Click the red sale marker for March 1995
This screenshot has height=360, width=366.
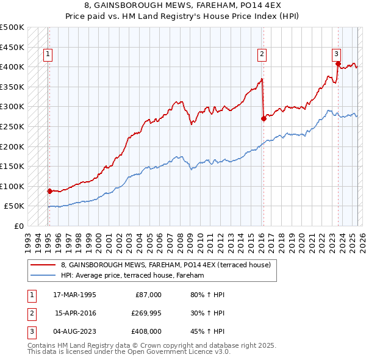[49, 191]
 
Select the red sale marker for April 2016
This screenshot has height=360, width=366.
[264, 119]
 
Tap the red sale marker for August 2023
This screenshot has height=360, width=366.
[338, 63]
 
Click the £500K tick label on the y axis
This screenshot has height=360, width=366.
[12, 27]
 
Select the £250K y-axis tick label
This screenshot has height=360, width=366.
[12, 126]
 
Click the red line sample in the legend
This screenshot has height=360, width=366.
[43, 265]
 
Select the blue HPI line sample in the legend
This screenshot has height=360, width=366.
[43, 276]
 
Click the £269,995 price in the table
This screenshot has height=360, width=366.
[145, 314]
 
